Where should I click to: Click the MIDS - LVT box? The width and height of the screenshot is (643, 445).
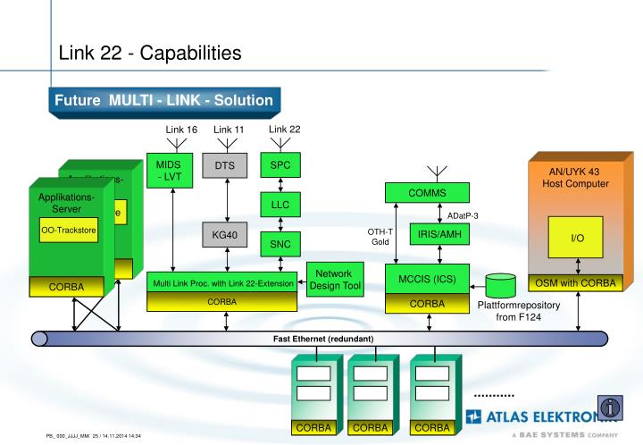coord(168,171)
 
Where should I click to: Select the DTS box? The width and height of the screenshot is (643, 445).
coord(224,165)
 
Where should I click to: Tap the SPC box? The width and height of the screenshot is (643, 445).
coord(280,165)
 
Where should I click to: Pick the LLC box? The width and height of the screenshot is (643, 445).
coord(280,205)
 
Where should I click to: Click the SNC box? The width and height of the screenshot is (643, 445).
coord(280,242)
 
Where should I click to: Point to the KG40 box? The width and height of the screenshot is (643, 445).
coord(224,235)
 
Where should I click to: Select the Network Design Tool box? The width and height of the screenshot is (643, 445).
coord(335,280)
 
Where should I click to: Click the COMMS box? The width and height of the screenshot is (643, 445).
coord(427,193)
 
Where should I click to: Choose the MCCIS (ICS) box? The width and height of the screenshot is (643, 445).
coord(427,279)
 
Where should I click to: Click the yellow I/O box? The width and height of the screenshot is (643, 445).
coord(578,239)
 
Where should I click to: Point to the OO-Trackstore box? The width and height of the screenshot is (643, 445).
coord(69,231)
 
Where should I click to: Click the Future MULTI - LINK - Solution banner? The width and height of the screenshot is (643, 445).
coord(164,100)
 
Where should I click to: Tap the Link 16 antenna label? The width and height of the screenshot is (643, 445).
coord(181,130)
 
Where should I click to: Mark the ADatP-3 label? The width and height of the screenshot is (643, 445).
coord(463,215)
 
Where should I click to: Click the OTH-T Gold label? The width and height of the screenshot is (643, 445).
coord(381,237)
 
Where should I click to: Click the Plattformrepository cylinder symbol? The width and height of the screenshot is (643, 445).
coord(501,285)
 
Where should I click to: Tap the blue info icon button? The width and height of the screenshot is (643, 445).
coord(610,407)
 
